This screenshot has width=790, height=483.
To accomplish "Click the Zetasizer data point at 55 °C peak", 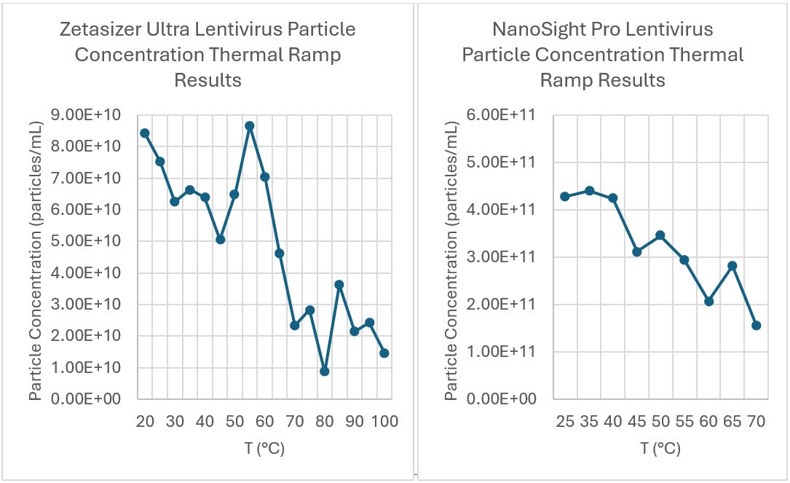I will coord(250,126).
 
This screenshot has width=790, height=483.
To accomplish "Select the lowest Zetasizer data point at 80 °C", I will coord(325,372).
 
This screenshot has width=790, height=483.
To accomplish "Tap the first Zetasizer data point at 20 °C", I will coord(145,133).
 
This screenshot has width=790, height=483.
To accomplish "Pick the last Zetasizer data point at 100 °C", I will coord(384,353).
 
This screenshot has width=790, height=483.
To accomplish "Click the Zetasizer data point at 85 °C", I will coord(339,285).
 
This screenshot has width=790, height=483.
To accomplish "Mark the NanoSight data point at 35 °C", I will coord(590,191).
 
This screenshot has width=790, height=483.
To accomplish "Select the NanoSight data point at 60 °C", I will coord(708,301).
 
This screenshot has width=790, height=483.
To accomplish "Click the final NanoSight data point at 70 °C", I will coord(757,326).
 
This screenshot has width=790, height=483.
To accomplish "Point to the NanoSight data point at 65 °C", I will coord(732,266).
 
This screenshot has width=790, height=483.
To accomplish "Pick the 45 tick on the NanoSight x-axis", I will coord(637,422).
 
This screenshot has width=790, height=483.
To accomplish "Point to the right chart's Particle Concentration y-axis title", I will coord(451,257).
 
